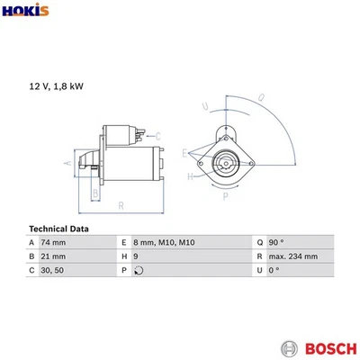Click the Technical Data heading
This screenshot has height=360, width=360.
59,229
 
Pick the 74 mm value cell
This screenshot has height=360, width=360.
55,243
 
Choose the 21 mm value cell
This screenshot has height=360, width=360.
54,256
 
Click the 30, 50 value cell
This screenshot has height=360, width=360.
53,270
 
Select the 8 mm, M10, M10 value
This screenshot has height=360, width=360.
163,243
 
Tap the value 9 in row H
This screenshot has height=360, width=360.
136,256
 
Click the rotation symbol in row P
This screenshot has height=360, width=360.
138,270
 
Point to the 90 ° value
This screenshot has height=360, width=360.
275,243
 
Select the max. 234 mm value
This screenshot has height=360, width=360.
292,256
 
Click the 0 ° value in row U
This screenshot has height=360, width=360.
274,270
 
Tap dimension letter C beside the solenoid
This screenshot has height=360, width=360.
157,136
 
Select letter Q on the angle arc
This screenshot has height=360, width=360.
261,97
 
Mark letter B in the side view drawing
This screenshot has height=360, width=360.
94,192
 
